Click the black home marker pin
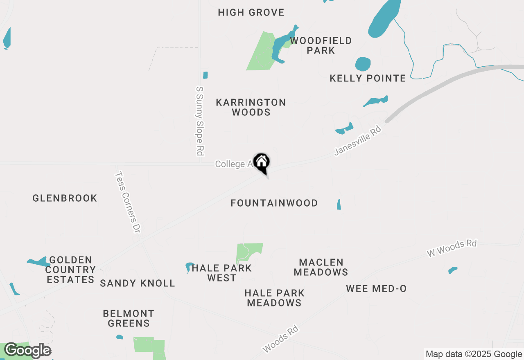pyautogui.click(x=261, y=162)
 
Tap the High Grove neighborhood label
pyautogui.click(x=251, y=13)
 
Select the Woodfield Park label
pyautogui.click(x=321, y=45)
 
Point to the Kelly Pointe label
pyautogui.click(x=368, y=78)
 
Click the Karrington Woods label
pyautogui.click(x=251, y=107)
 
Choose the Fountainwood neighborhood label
pyautogui.click(x=274, y=203)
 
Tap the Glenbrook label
pyautogui.click(x=65, y=198)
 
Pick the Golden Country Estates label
pyautogui.click(x=70, y=270)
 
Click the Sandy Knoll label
pyautogui.click(x=138, y=283)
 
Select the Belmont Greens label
pyautogui.click(x=129, y=319)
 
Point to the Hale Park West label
pyautogui.click(x=221, y=273)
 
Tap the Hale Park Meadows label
pyautogui.click(x=274, y=298)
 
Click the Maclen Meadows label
pyautogui.click(x=321, y=267)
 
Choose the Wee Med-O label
pyautogui.click(x=376, y=289)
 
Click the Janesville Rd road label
pyautogui.click(x=358, y=141)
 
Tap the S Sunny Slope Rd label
pyautogui.click(x=200, y=121)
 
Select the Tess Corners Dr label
pyautogui.click(x=127, y=202)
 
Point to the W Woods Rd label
pyautogui.click(x=452, y=248)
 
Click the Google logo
pyautogui.click(x=27, y=351)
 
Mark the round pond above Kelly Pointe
pyautogui.click(x=363, y=64)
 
